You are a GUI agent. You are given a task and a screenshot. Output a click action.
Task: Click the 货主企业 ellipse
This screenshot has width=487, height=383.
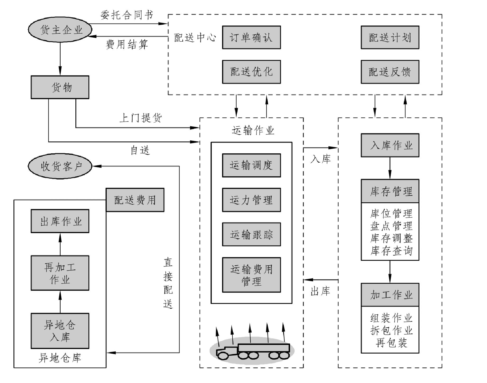pyautogui.click(x=60, y=30)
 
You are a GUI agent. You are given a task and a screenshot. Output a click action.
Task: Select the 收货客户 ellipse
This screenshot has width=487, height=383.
pyautogui.click(x=60, y=166)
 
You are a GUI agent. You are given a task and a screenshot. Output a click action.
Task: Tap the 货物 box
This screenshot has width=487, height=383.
pyautogui.click(x=60, y=87)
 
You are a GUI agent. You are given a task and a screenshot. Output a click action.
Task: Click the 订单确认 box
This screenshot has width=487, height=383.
pyautogui.click(x=251, y=37)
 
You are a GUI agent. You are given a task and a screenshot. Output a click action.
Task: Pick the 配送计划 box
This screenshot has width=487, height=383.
pyautogui.click(x=390, y=37)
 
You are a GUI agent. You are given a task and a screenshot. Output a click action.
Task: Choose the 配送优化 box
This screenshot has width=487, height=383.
pyautogui.click(x=251, y=72)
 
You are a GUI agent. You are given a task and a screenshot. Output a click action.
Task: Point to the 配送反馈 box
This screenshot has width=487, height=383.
pyautogui.click(x=390, y=72)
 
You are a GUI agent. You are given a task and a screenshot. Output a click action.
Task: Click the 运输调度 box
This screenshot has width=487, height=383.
pyautogui.click(x=251, y=165)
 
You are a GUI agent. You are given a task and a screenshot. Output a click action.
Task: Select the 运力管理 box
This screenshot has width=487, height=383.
pyautogui.click(x=251, y=200)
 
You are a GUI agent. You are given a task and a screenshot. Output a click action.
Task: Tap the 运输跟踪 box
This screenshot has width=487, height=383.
pyautogui.click(x=251, y=234)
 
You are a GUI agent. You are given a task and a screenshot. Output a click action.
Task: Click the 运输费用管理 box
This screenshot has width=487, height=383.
pyautogui.click(x=251, y=275)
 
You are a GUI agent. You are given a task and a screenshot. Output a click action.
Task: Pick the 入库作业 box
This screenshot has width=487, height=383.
pyautogui.click(x=390, y=145)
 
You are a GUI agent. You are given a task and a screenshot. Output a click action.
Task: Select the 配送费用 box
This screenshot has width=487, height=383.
pyautogui.click(x=135, y=200)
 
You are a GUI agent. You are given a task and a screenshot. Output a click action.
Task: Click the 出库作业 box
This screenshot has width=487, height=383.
pyautogui.click(x=60, y=221)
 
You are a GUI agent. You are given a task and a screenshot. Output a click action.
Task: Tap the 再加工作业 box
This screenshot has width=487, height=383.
pyautogui.click(x=60, y=273)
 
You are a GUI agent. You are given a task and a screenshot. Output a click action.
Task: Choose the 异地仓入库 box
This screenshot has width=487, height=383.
pyautogui.click(x=60, y=331)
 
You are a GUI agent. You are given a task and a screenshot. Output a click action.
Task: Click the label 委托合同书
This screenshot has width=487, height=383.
pyautogui.click(x=127, y=15)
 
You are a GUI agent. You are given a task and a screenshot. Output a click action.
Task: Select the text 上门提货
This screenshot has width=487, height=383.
pyautogui.click(x=141, y=118)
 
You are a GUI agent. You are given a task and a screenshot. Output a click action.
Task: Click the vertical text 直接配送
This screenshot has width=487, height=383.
pyautogui.click(x=168, y=283)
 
